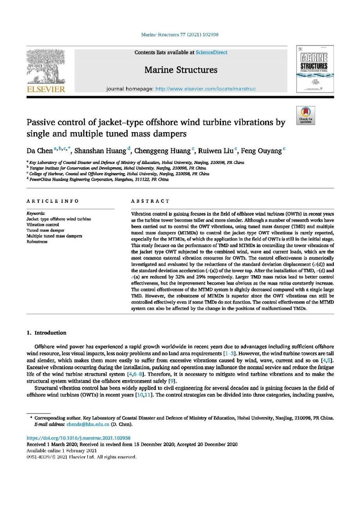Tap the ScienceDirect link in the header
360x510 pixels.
point(211,53)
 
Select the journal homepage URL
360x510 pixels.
point(205,89)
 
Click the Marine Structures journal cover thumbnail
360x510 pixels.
point(314,69)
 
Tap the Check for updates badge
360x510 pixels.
point(305,115)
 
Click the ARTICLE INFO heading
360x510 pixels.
point(53,201)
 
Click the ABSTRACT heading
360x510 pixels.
point(150,201)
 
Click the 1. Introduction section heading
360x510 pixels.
point(47,333)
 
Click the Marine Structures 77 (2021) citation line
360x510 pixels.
point(180,34)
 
